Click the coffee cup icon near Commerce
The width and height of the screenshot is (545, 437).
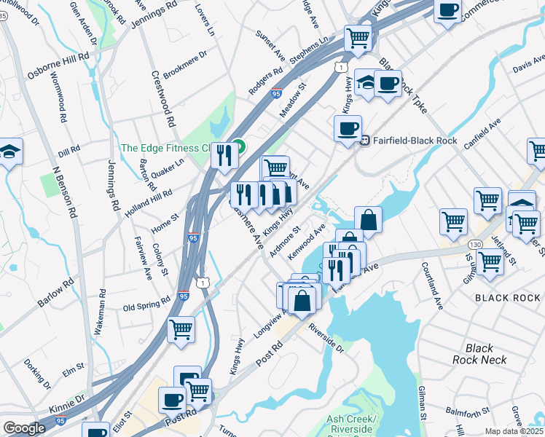click(x=447, y=10)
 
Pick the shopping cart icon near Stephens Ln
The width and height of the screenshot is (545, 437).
click(x=357, y=37)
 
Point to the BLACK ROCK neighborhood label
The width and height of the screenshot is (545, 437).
click(x=507, y=298)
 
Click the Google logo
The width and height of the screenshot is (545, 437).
click(x=24, y=428)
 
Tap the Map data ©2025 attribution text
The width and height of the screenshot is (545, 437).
click(x=513, y=431)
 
